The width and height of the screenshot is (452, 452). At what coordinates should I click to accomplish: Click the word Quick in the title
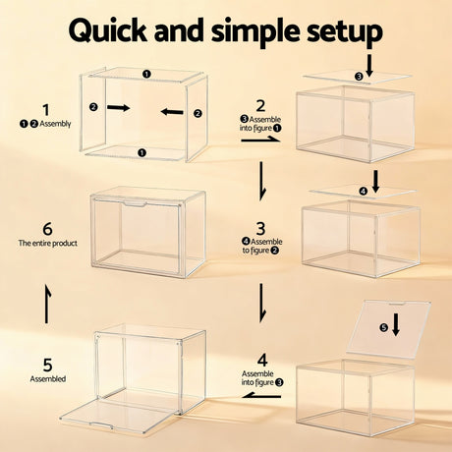pos(108,30)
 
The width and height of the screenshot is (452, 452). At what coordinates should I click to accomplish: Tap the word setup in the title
pos(345,33)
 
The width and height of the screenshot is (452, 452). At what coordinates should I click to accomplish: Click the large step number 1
pos(46,110)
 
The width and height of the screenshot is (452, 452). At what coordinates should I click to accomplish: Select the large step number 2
pos(260,106)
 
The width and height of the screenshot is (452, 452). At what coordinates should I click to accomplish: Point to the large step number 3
pos(260,229)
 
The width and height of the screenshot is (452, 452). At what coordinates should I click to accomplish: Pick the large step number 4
pos(262,361)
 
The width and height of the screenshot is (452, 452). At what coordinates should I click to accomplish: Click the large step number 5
pos(48,365)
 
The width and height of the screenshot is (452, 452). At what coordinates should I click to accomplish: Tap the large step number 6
pos(47,229)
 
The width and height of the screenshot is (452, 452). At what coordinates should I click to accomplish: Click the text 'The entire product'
pos(48,244)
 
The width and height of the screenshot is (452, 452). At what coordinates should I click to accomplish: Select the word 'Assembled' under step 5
pos(48,379)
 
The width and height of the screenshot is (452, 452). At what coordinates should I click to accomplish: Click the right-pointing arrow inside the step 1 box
pos(119,107)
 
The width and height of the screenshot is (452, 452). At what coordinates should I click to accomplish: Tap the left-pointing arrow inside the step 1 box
pos(172,112)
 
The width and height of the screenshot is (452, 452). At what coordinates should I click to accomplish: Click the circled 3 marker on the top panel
pos(359,77)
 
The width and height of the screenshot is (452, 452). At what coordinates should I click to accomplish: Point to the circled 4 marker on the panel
pos(364,191)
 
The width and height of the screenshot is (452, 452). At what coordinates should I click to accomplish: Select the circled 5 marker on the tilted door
pos(384,327)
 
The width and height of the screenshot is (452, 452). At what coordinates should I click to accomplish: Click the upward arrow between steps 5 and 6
pos(48,304)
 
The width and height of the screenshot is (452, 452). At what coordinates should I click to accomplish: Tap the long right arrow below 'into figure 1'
pos(260,140)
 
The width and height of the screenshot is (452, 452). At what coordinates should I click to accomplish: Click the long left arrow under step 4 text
pos(261,396)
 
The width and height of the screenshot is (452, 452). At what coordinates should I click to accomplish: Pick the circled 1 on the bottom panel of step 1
pos(141,152)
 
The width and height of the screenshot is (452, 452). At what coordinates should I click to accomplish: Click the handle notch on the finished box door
pos(135,204)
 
